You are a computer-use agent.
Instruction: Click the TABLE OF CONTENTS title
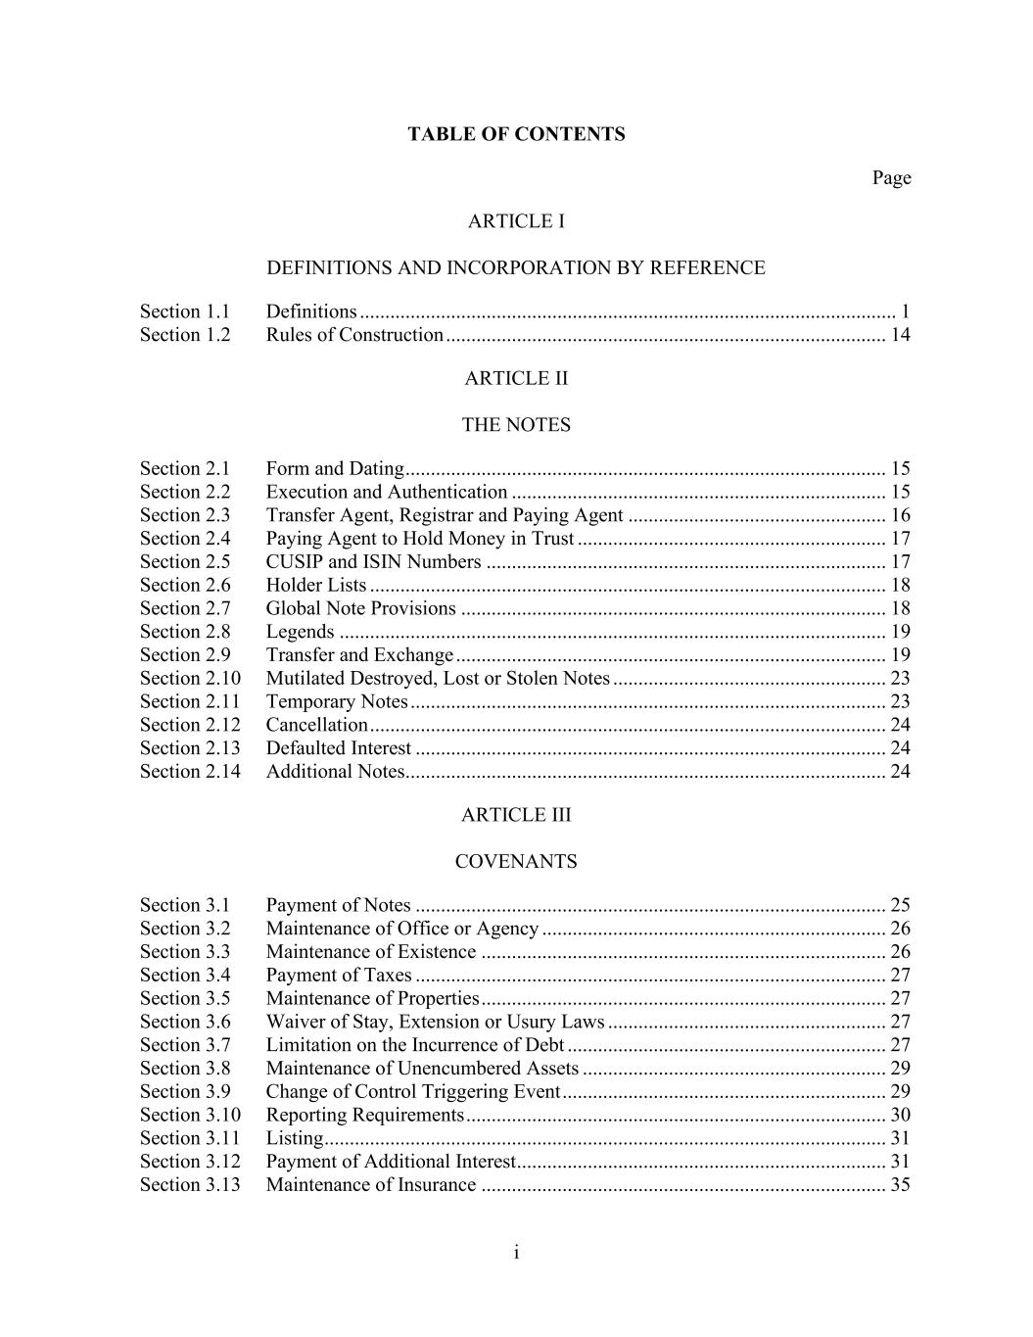(x=516, y=134)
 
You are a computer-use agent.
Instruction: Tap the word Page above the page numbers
(x=891, y=177)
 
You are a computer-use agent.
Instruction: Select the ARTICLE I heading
(x=516, y=221)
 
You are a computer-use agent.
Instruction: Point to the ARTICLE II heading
(x=516, y=378)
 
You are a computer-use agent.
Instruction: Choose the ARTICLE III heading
(x=516, y=815)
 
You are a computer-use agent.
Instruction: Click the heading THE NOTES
(x=516, y=425)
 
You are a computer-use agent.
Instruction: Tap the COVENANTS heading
(x=516, y=862)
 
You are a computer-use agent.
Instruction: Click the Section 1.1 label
(x=185, y=311)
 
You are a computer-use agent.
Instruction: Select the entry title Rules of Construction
(x=354, y=335)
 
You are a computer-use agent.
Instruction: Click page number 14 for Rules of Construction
(x=900, y=335)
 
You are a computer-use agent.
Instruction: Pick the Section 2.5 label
(x=185, y=561)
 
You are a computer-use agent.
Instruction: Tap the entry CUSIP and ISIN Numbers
(x=373, y=561)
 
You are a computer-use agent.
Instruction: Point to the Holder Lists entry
(x=316, y=585)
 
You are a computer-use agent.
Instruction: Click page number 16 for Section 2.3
(x=900, y=515)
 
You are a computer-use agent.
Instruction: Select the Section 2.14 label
(x=190, y=771)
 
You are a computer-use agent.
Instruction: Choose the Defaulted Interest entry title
(x=339, y=748)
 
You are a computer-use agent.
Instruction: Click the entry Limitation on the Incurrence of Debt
(x=415, y=1045)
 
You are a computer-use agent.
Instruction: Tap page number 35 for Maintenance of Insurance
(x=900, y=1184)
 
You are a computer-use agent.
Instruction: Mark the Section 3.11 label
(x=190, y=1138)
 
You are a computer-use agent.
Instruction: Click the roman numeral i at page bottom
(x=516, y=1253)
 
